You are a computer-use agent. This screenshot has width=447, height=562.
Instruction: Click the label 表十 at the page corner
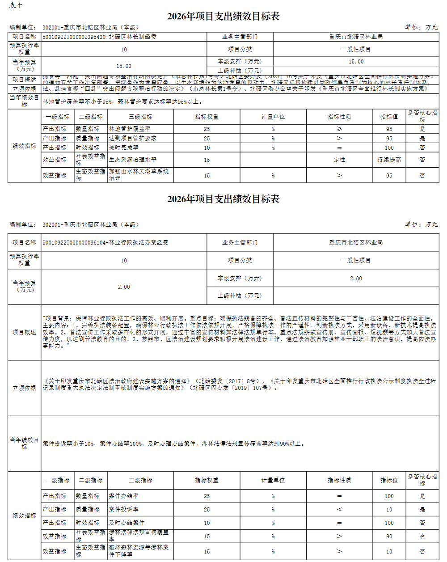tap(16, 5)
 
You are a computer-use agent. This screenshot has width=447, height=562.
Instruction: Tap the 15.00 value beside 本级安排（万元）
tap(356, 62)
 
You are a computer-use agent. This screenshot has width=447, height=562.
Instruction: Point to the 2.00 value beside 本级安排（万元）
tap(356, 278)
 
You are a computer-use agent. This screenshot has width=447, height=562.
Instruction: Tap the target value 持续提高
tap(389, 160)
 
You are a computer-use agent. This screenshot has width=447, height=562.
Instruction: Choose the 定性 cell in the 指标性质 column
tap(339, 160)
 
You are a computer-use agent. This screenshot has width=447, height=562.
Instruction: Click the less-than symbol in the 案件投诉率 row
tap(339, 509)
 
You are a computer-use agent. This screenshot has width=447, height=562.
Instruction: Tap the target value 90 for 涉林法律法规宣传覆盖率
tap(389, 536)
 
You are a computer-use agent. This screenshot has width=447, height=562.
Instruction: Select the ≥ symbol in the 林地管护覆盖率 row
tap(339, 129)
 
